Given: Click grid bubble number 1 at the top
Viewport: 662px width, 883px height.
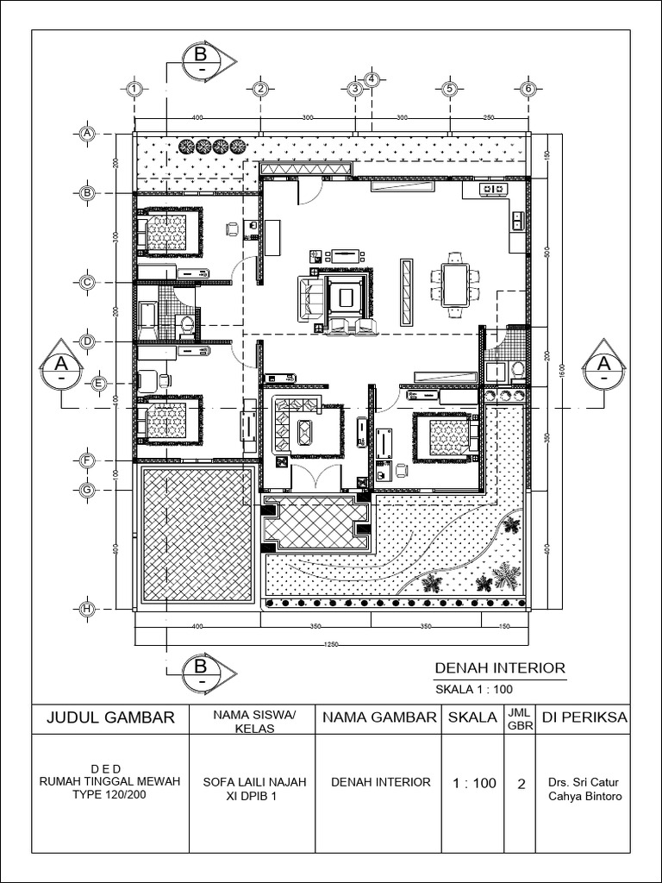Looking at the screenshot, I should [x=134, y=89].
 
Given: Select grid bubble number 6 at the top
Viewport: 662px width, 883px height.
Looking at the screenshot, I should [x=529, y=89].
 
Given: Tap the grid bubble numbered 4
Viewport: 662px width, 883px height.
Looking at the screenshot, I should [x=372, y=79].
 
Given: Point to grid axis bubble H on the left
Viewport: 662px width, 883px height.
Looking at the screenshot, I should [x=86, y=609].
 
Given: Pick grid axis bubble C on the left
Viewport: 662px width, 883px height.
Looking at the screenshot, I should [x=86, y=282].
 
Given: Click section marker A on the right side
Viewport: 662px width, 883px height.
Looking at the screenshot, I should [x=604, y=366].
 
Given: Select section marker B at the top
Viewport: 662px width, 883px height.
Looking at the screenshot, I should [x=201, y=60].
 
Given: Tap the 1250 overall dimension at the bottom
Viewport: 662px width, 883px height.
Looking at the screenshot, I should [x=332, y=643].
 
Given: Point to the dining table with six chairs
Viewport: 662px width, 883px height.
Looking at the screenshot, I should [x=454, y=285].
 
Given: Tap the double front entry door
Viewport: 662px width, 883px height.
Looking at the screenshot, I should [x=316, y=477].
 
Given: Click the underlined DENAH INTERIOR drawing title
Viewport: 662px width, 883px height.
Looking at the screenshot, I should [x=499, y=667].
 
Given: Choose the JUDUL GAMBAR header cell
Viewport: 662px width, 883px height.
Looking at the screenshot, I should [x=111, y=717].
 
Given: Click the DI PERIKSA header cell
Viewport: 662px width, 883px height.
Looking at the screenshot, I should [x=584, y=717].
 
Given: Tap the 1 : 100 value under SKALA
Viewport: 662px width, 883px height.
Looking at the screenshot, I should [x=474, y=783].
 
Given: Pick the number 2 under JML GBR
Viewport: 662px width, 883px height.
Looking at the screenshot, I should [x=521, y=783].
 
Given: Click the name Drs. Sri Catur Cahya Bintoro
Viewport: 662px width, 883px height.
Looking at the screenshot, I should [x=584, y=789].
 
